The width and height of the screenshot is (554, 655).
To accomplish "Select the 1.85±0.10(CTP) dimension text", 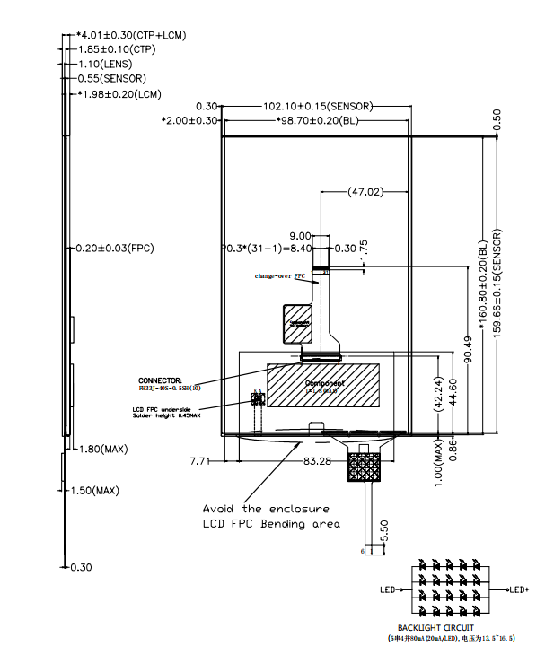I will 118,49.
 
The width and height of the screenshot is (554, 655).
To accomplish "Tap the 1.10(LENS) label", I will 105,64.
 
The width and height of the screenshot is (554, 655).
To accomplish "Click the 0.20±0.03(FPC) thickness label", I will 115,248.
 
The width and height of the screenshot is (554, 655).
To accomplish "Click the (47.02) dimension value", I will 365,192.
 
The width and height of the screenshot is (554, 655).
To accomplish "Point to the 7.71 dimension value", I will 202,461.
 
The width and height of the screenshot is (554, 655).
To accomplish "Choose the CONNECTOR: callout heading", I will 161,380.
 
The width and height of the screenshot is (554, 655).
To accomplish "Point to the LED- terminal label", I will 388,589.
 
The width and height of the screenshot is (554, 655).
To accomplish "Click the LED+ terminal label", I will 518,589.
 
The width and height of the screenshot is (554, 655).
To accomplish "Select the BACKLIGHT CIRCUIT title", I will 436,628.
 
